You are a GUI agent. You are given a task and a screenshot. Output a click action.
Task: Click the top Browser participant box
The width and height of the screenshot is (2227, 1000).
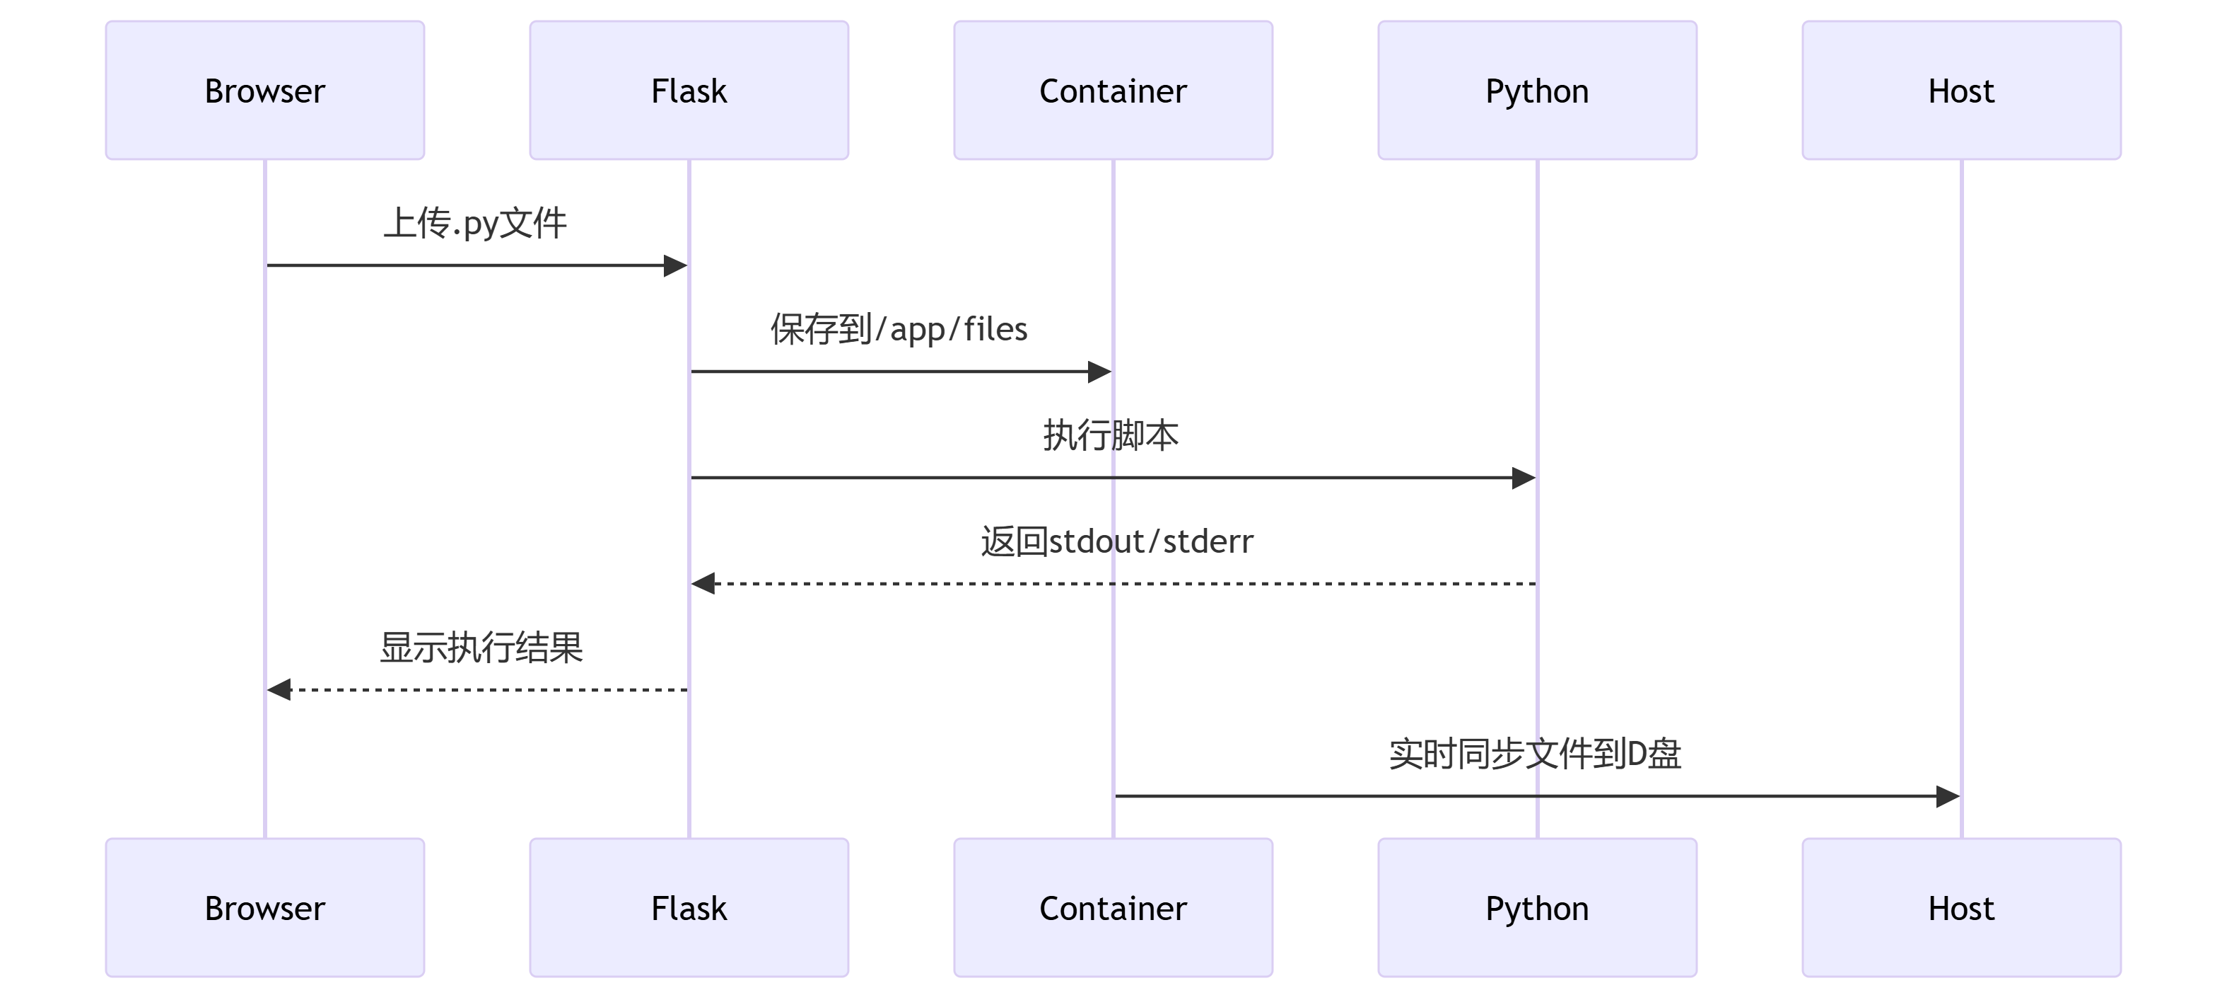tap(264, 90)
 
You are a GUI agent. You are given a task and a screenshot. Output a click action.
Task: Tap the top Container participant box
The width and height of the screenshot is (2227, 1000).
tap(1113, 90)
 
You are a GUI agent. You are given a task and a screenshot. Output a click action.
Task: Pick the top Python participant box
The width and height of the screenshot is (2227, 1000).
tap(1536, 90)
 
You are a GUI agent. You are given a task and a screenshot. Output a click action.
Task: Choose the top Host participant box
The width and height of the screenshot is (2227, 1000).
tap(1960, 90)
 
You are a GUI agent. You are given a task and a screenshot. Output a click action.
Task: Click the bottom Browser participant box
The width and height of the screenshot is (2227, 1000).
tap(264, 907)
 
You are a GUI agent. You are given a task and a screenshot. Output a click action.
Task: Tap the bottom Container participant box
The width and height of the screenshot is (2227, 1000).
tap(1113, 907)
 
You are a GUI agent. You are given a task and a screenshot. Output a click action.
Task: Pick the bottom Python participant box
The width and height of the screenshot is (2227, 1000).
tap(1536, 907)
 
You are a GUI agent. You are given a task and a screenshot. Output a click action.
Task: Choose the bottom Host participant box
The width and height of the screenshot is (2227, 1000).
tap(1960, 907)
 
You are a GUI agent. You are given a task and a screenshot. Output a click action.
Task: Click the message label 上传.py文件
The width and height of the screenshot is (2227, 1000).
tap(474, 223)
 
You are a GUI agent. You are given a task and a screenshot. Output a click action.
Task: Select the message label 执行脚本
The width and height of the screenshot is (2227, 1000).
tap(1111, 435)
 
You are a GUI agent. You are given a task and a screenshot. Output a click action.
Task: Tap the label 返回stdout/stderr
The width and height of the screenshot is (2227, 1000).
tap(1116, 541)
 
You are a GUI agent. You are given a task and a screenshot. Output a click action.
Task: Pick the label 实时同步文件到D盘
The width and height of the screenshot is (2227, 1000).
tap(1535, 754)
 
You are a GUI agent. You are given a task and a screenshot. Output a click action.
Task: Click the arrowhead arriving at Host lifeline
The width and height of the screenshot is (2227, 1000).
tap(1948, 796)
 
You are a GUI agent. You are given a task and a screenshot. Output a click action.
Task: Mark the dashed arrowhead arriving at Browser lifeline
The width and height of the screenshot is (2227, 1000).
tap(279, 689)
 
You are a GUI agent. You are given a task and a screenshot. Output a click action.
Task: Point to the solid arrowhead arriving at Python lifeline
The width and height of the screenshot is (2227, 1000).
tap(1524, 478)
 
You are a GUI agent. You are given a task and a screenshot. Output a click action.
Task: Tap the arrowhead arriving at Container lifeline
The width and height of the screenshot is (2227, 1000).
tap(1099, 372)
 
